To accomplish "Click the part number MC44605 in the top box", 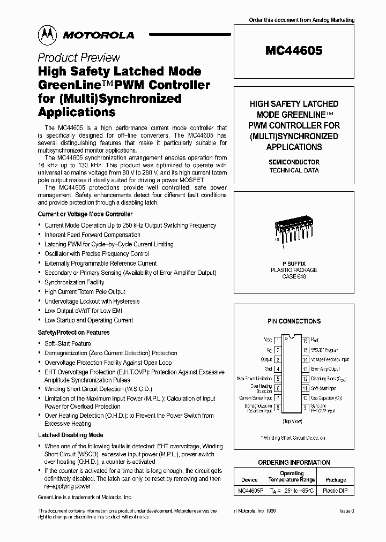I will pos(293,51).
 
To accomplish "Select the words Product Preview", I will pos(78,58).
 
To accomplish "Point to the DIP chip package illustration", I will pos(292,229).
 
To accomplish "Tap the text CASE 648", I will pos(293,277).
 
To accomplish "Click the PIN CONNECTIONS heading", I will pos(294,321).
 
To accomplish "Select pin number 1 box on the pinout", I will pos(278,340).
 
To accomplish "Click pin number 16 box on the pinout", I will pos(305,340).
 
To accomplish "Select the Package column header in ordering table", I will pos(336,480).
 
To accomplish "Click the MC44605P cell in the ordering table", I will pos(249,490).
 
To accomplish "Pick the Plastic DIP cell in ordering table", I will pos(336,490).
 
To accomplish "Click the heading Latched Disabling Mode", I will pos(70,435).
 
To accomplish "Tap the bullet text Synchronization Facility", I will pos(75,282).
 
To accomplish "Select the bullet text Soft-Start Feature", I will pos(68,343).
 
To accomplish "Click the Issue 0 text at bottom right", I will pos(347,511).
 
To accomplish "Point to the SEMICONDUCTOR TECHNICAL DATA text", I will pos(293,166).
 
